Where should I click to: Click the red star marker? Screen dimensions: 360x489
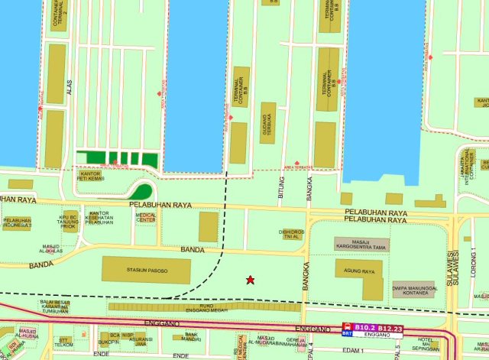click(250, 280)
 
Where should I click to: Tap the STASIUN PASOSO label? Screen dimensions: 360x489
click(147, 270)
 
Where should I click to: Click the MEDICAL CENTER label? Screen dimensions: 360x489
click(145, 217)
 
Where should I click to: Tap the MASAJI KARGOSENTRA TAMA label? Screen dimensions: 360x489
click(361, 245)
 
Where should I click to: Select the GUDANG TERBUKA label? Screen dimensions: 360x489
click(267, 122)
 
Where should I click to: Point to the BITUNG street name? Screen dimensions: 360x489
click(282, 186)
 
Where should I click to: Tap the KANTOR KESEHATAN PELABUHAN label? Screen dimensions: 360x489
click(100, 218)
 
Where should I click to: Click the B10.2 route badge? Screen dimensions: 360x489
click(366, 328)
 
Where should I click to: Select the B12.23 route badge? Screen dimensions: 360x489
click(390, 328)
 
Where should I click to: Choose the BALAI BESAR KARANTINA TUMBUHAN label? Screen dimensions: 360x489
click(57, 307)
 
